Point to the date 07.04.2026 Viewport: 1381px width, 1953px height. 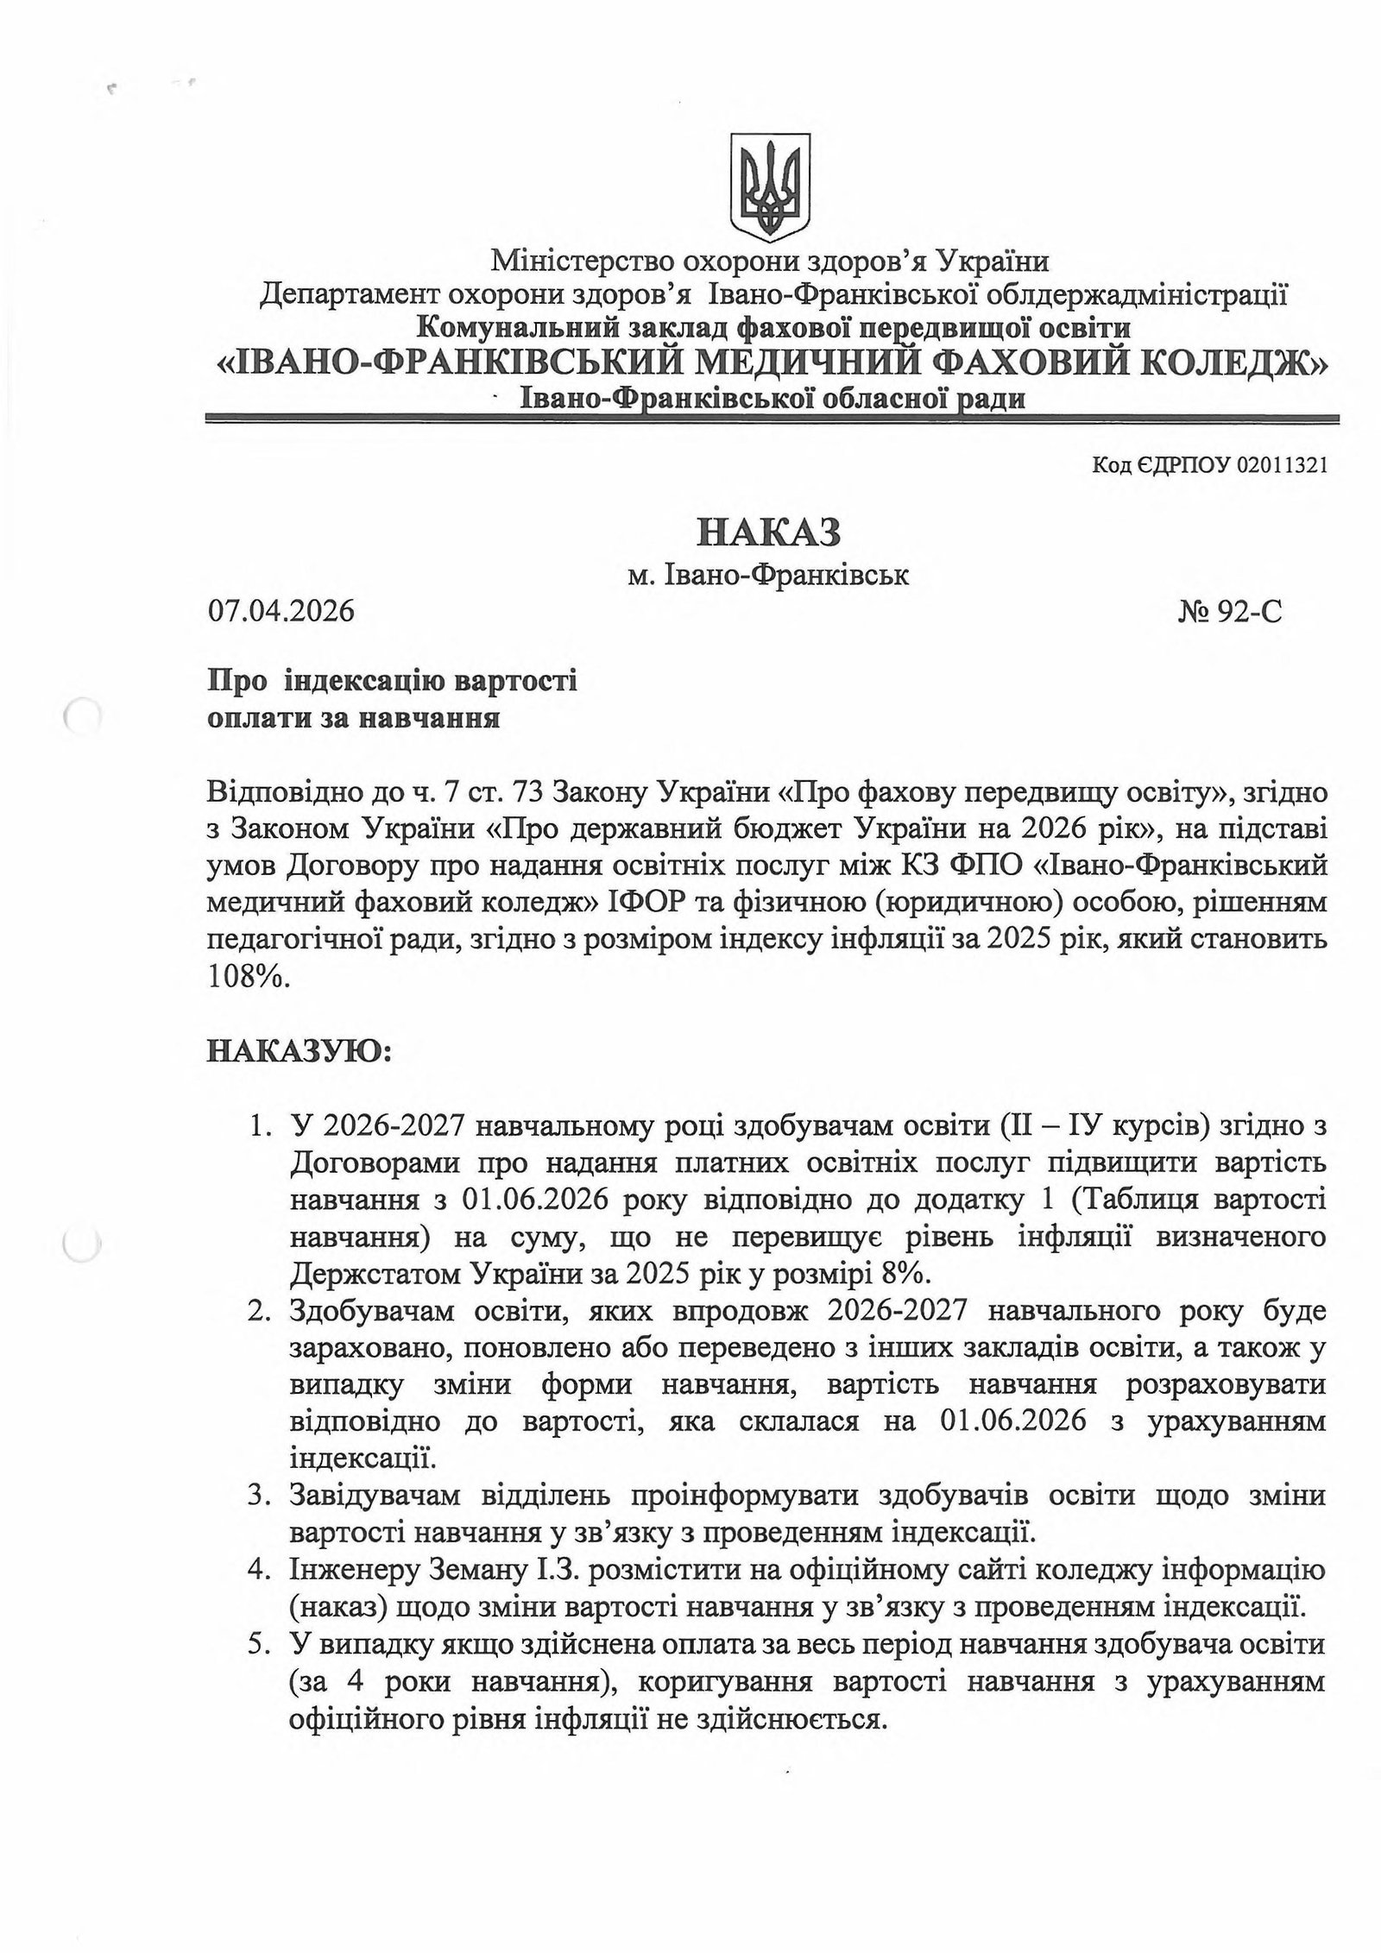[281, 611]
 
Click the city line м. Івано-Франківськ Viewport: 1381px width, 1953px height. [767, 574]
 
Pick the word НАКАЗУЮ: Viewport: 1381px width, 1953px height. [300, 1052]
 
